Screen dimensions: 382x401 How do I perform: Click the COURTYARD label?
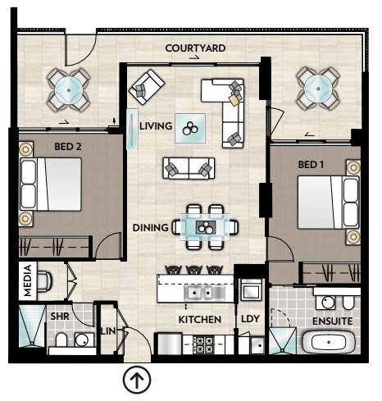pos(195,48)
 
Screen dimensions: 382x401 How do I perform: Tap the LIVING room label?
pos(156,126)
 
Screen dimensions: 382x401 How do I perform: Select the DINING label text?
pos(150,228)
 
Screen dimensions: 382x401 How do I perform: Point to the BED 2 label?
pos(68,147)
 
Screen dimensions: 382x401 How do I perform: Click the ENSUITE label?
pos(333,321)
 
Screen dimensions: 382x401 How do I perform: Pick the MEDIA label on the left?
pos(28,280)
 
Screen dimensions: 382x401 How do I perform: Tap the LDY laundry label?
pos(250,319)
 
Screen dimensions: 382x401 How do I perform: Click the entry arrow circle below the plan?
pos(137,380)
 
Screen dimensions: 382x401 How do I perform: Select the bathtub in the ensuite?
pos(329,342)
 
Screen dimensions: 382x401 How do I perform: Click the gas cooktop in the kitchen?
pos(203,345)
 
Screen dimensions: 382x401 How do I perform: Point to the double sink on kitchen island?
pos(202,293)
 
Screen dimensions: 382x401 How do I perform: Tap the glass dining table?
pos(205,227)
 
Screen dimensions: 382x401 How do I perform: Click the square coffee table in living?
pos(190,128)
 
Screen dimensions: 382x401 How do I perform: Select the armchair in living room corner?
pos(147,87)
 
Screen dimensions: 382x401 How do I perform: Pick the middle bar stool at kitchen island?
pos(194,270)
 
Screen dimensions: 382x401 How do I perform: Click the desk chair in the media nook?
pos(44,280)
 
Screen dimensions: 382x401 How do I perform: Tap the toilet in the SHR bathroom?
pos(61,339)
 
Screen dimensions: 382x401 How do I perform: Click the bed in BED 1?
pos(328,203)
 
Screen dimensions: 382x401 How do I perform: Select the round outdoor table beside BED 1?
pos(318,89)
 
